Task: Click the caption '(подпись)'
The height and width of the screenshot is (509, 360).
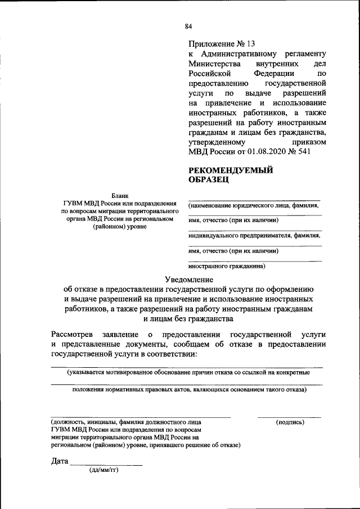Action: click(290, 422)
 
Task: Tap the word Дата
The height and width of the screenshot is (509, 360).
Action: click(59, 461)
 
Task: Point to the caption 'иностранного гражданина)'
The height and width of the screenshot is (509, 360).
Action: click(227, 266)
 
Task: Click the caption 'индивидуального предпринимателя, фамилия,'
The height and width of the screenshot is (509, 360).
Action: click(255, 236)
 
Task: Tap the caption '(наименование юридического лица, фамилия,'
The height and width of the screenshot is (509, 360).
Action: click(254, 206)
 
